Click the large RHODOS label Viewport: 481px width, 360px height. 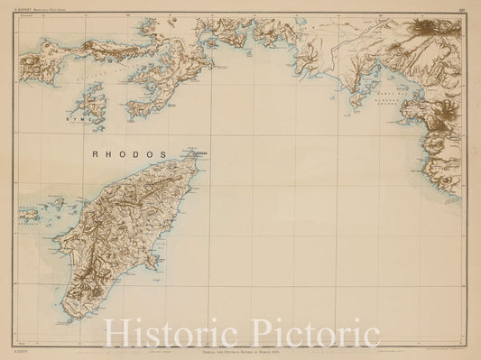tap(130, 153)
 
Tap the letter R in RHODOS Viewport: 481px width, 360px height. tap(97, 153)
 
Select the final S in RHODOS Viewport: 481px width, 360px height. tap(163, 153)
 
